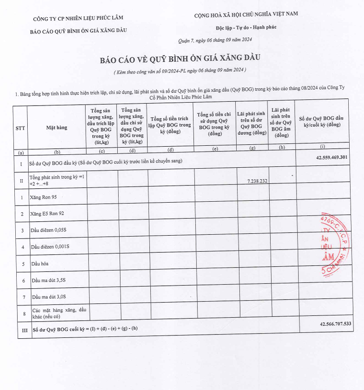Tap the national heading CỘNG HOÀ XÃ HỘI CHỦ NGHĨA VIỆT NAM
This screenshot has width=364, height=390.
pos(246,14)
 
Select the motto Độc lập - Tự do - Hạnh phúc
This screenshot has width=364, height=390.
pos(246,27)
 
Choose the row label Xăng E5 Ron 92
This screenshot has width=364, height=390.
pos(47,214)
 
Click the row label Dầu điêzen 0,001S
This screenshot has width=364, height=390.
pos(50,247)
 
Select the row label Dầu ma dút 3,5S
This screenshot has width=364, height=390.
pos(48,280)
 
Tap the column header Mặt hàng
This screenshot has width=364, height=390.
pos(56,128)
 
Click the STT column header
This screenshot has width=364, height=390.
pos(21,128)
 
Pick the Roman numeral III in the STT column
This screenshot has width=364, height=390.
pos(21,330)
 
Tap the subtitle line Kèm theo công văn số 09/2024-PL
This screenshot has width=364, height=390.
pos(180,71)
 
